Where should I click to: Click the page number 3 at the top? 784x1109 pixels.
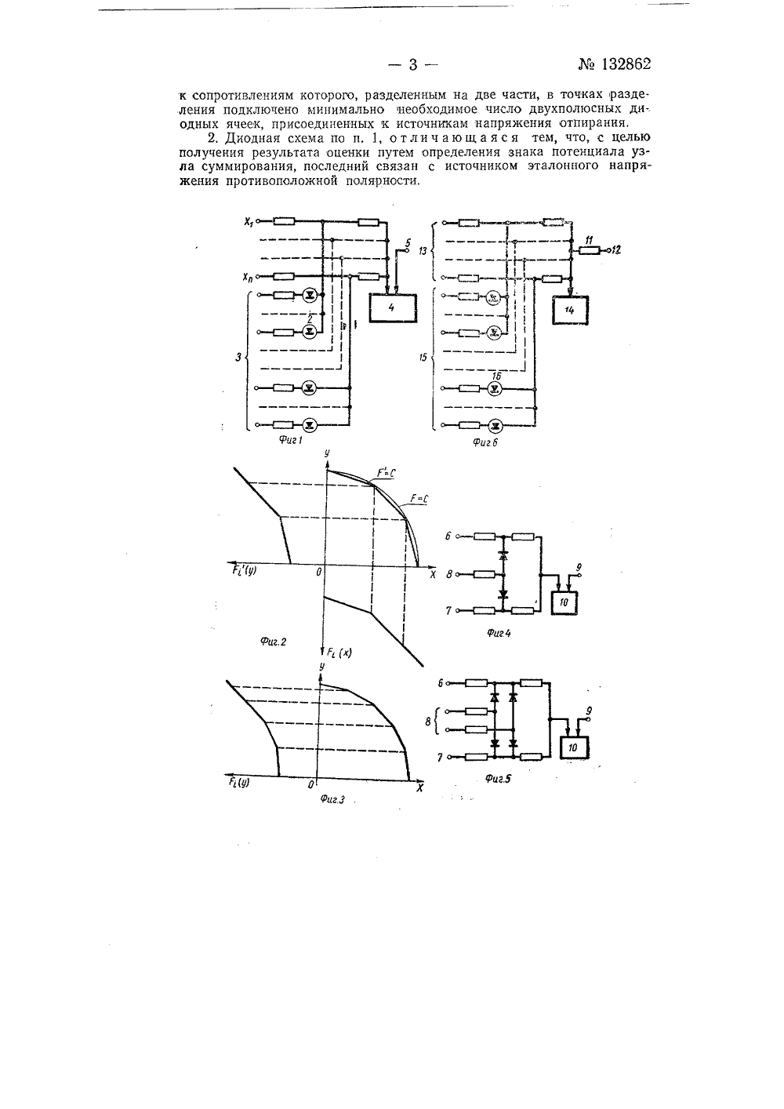413,65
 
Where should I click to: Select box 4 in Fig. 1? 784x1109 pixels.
393,308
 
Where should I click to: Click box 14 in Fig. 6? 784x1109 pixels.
570,310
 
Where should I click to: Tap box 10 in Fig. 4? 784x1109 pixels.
564,602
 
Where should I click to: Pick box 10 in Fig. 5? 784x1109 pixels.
573,748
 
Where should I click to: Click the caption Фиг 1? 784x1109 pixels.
291,440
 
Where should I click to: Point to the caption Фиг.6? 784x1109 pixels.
485,442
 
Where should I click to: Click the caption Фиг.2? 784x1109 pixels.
273,642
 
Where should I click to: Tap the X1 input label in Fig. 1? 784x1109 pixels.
249,222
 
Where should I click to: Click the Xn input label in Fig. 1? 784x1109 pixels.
248,278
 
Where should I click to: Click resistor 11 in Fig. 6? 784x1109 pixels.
590,250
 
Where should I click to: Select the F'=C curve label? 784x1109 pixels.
386,473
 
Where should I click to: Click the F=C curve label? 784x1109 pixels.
419,500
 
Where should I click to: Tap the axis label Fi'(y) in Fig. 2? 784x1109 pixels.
244,569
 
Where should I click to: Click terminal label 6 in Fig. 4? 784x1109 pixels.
448,536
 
